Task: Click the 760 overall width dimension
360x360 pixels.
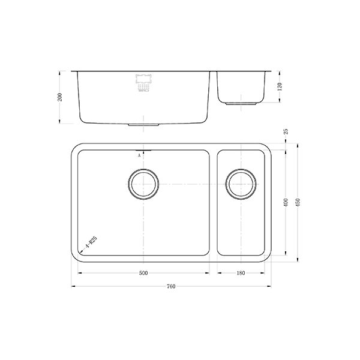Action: (x=170, y=287)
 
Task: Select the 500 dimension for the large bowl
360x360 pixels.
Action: (x=143, y=274)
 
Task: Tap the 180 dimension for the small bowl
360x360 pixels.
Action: (x=241, y=274)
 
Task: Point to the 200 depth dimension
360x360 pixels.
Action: (x=59, y=97)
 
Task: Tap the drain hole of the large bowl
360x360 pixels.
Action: (x=143, y=183)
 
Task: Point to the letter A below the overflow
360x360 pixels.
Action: (x=139, y=155)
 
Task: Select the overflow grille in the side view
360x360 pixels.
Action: (x=143, y=83)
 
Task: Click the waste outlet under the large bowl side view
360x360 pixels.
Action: (x=143, y=124)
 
